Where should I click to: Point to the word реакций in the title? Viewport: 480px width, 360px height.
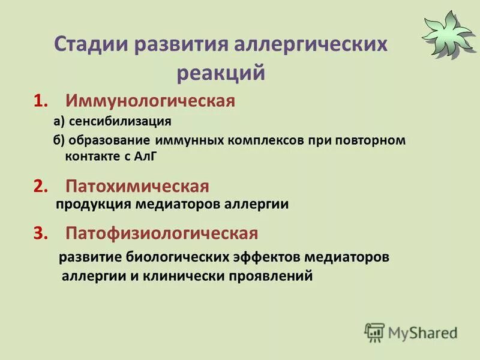click(221, 73)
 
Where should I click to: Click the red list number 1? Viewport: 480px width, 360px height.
click(40, 101)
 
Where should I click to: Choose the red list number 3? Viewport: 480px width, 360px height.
click(40, 233)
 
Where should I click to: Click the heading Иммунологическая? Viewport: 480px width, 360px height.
click(150, 101)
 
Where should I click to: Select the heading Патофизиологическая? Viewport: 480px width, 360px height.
click(162, 233)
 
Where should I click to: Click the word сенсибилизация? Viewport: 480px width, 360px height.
click(120, 122)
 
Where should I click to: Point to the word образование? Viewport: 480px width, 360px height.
click(110, 141)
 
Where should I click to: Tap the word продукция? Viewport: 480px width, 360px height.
click(93, 205)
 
